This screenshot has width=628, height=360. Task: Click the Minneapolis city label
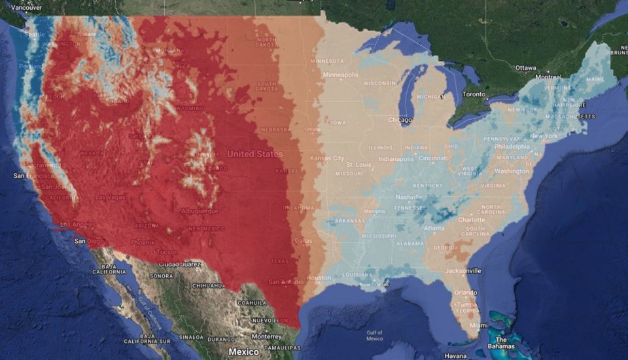coord(340,75)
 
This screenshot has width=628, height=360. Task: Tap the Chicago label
coord(400,120)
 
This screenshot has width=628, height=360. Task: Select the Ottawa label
coord(525,67)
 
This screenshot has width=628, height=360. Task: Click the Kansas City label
coord(327,158)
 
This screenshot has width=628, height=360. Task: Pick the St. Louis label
coord(358,164)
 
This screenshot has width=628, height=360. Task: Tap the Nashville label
coord(409,197)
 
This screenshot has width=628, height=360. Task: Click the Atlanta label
coord(434,228)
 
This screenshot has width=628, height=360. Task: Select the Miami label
coord(478,325)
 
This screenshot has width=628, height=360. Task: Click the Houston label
coord(319,278)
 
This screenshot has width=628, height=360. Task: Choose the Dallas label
coord(304,241)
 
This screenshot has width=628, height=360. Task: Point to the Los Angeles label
coord(77,225)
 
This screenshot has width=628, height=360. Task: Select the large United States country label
coord(255,154)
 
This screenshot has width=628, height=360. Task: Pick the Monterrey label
coord(266,336)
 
